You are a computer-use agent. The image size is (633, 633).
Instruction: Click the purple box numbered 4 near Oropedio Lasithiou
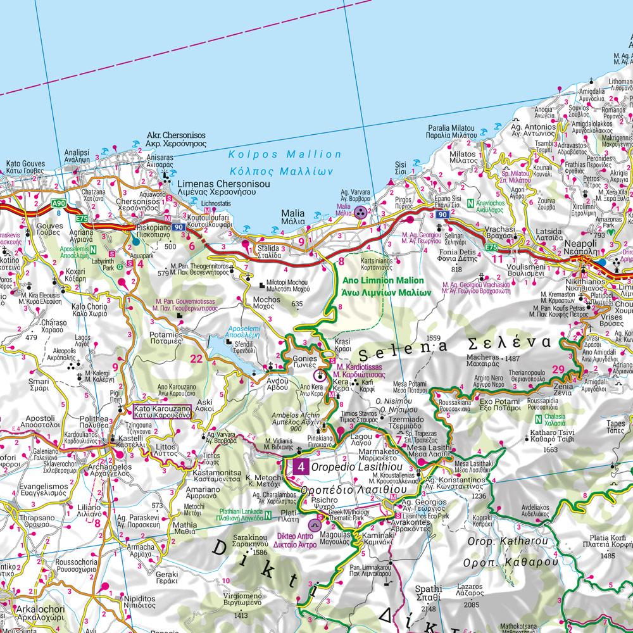pyautogui.click(x=302, y=468)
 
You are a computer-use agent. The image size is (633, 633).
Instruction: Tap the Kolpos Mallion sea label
pyautogui.click(x=284, y=154)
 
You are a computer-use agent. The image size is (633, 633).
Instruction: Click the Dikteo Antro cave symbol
pyautogui.click(x=315, y=525)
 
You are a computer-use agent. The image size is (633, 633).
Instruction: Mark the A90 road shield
pyautogui.click(x=58, y=203)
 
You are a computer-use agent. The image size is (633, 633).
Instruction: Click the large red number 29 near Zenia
pyautogui.click(x=558, y=370)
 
